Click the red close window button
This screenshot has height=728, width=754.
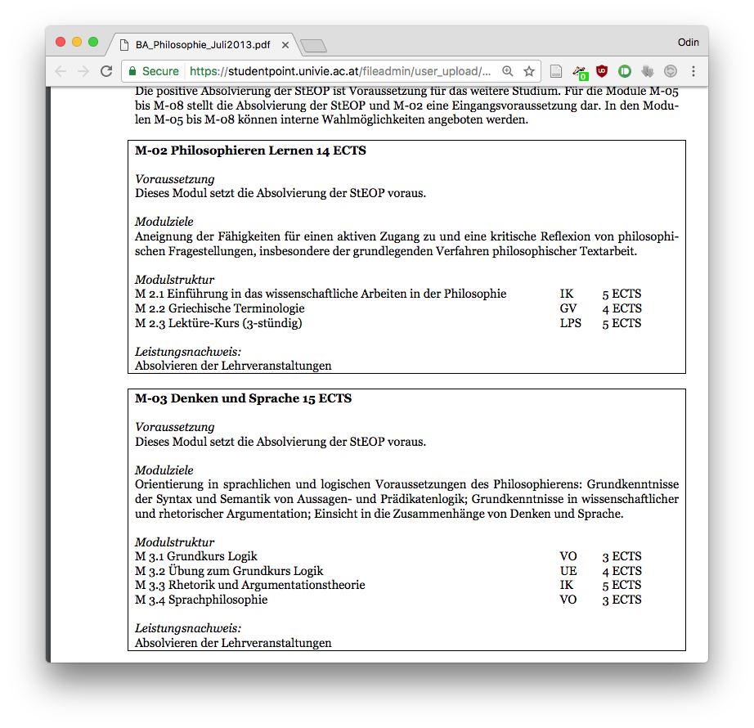pyautogui.click(x=61, y=42)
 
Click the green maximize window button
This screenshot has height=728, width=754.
pyautogui.click(x=93, y=42)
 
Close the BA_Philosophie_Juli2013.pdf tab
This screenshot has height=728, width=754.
pyautogui.click(x=285, y=45)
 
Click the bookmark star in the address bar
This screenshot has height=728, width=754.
pyautogui.click(x=529, y=71)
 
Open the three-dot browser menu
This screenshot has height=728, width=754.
pyautogui.click(x=693, y=71)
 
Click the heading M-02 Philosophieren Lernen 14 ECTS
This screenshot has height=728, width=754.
pyautogui.click(x=250, y=151)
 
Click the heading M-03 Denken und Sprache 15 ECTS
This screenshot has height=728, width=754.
pyautogui.click(x=243, y=398)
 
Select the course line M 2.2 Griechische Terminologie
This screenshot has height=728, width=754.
pyautogui.click(x=220, y=308)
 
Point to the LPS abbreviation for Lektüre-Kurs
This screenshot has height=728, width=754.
pyautogui.click(x=571, y=323)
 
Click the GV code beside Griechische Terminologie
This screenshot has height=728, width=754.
pyautogui.click(x=568, y=308)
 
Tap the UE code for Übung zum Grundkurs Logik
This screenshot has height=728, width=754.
pyautogui.click(x=568, y=571)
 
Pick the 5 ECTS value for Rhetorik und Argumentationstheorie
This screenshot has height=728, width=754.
pyautogui.click(x=622, y=585)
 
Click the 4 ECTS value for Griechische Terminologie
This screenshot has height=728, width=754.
pyautogui.click(x=622, y=308)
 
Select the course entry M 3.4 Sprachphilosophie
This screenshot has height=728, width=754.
pyautogui.click(x=201, y=600)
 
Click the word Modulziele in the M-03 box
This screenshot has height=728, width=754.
pyautogui.click(x=164, y=470)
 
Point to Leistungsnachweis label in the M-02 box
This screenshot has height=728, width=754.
pyautogui.click(x=188, y=352)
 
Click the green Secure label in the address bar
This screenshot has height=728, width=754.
pyautogui.click(x=160, y=71)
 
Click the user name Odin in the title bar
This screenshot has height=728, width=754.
pyautogui.click(x=688, y=43)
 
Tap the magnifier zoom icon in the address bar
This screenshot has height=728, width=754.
pyautogui.click(x=508, y=71)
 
